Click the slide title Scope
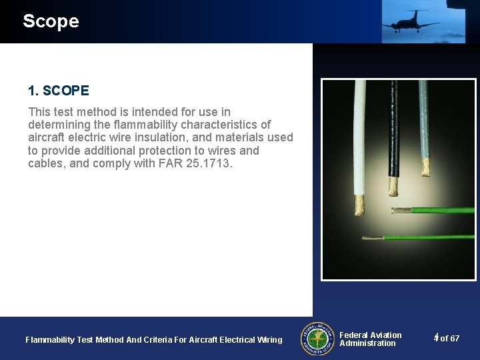(x=51, y=21)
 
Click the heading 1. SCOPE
(x=59, y=91)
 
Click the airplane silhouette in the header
(x=410, y=22)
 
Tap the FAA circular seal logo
(x=317, y=339)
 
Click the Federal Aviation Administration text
(x=370, y=339)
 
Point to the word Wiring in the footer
(x=269, y=340)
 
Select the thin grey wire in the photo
(x=423, y=120)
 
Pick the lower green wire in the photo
(x=427, y=237)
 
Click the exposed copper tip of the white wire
(x=359, y=203)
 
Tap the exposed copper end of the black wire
(x=394, y=187)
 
